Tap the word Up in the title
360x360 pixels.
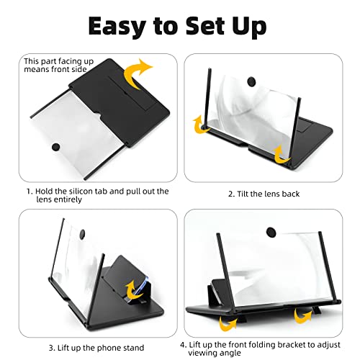click(x=246, y=26)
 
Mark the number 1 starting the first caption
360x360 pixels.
click(x=29, y=192)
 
